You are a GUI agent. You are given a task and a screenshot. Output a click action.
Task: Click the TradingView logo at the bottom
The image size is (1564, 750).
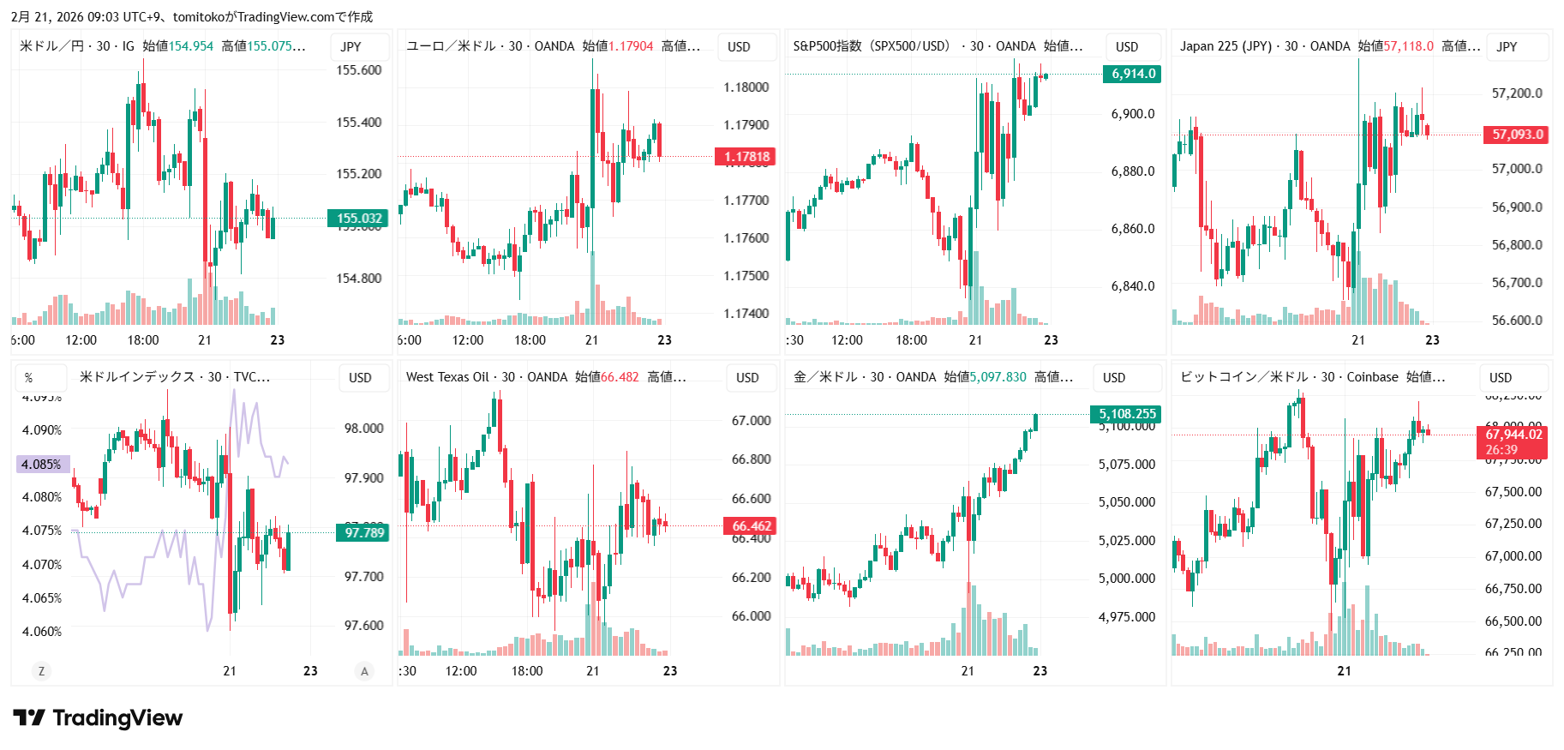[x=98, y=718]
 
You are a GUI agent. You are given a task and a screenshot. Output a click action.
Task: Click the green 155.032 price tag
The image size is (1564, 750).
[x=358, y=219]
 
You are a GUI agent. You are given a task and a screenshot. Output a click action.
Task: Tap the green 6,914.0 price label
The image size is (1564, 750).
[x=1133, y=74]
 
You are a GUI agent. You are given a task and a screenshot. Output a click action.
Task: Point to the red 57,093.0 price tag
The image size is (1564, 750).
[x=1517, y=135]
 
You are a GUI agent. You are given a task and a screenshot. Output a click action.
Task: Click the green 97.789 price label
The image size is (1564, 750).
[x=364, y=533]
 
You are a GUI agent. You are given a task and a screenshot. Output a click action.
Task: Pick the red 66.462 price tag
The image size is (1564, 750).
[x=751, y=526]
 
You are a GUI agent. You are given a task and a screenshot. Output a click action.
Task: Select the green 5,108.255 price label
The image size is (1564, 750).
[x=1127, y=414]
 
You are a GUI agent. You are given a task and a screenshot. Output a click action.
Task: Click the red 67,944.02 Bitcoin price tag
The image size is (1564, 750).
[x=1513, y=435]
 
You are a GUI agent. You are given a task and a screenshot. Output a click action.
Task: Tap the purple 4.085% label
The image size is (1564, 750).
[x=41, y=465]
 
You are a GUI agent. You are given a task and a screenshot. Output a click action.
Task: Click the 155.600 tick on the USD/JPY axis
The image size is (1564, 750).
[x=358, y=70]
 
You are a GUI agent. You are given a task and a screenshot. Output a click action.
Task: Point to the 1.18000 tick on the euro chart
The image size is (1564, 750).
[x=746, y=87]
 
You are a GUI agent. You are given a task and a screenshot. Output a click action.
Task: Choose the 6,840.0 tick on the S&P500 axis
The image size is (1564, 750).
[x=1132, y=286]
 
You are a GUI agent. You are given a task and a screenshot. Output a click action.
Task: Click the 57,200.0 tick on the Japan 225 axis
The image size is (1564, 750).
[x=1517, y=93]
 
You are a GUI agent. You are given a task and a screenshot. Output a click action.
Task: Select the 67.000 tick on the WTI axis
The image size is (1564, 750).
[x=751, y=421]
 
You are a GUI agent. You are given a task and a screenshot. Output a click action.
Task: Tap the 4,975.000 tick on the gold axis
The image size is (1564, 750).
[x=1126, y=617]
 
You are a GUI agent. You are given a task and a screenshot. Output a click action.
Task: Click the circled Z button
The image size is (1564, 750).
[x=41, y=671]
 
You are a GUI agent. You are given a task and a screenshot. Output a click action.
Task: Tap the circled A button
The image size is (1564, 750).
[x=364, y=671]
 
